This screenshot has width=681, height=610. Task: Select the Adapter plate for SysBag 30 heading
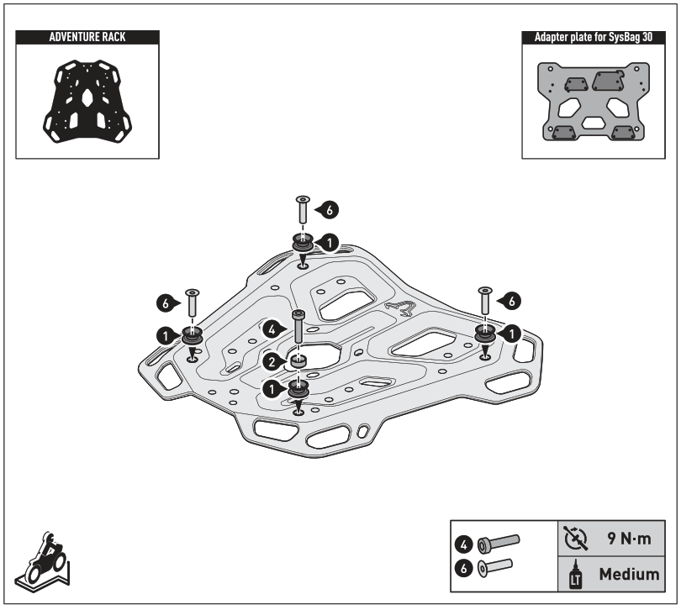593,38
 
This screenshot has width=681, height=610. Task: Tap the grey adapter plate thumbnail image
593,103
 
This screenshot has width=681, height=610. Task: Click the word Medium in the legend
628,575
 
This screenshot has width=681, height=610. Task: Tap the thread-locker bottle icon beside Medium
577,576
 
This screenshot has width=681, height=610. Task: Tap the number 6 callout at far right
513,298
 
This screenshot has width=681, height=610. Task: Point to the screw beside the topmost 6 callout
303,212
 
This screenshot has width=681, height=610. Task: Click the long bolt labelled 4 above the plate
298,329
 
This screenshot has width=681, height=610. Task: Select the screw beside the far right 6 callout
484,303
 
